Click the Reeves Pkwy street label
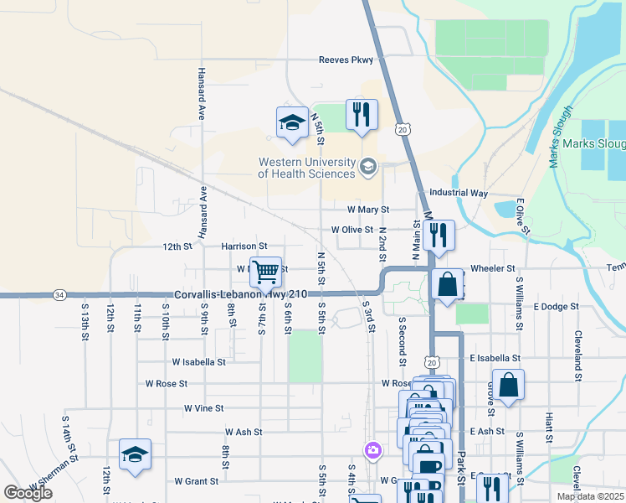[x=346, y=60]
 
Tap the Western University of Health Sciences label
[x=306, y=168]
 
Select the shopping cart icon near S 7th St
[x=265, y=271]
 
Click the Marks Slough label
[x=593, y=144]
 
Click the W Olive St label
[x=351, y=229]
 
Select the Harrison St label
[x=244, y=246]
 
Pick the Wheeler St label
[x=492, y=268]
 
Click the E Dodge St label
[x=556, y=307]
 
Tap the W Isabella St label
[x=198, y=362]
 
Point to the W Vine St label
[x=203, y=408]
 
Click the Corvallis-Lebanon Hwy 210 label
[x=241, y=294]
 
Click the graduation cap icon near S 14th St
[x=135, y=454]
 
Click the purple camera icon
[x=372, y=451]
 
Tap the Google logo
[x=28, y=493]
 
